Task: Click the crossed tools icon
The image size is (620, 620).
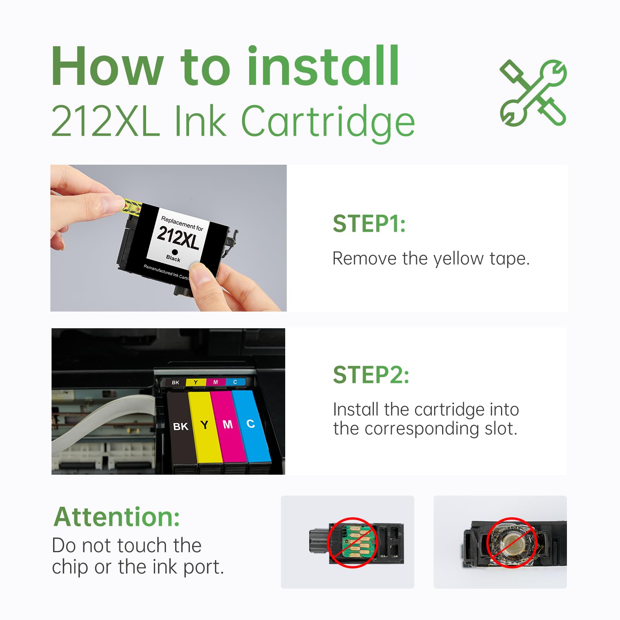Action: pos(533,93)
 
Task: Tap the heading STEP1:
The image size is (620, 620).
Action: pos(369,224)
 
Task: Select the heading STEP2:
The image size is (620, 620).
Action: pos(371,375)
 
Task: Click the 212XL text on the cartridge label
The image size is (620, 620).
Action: pos(178,237)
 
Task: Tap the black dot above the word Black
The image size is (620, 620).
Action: pos(175,252)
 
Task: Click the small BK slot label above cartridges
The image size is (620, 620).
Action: pos(176,382)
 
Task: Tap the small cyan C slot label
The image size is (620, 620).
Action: pos(235,382)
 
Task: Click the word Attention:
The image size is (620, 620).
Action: pos(117,517)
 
